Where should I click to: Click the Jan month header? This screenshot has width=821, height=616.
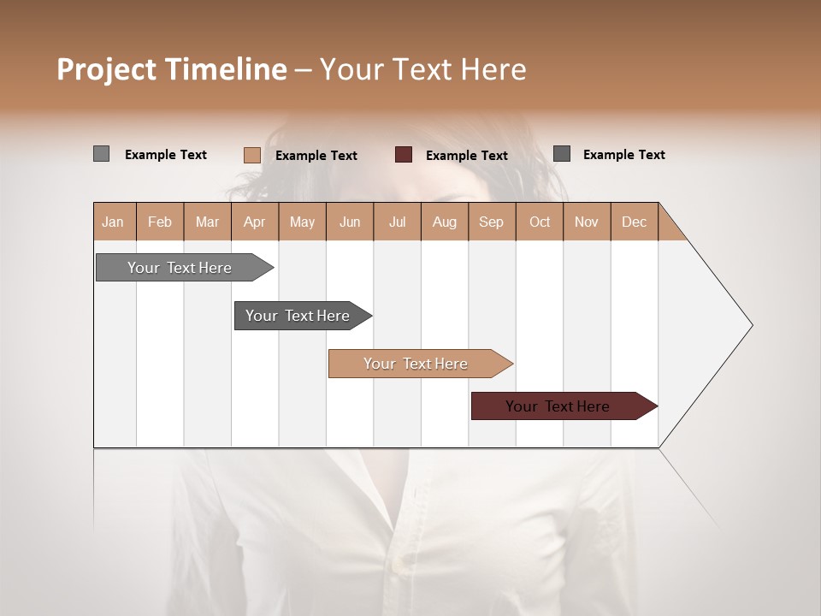click(114, 222)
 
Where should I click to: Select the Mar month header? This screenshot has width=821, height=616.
click(207, 222)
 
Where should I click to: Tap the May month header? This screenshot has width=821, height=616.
click(302, 222)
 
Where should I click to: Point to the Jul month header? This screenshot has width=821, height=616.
click(397, 222)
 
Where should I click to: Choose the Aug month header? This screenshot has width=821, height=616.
click(444, 222)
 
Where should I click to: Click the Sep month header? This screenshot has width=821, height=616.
click(491, 222)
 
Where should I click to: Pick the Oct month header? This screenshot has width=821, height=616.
click(539, 222)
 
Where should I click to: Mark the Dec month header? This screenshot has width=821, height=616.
click(634, 222)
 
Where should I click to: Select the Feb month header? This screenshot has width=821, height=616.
click(160, 222)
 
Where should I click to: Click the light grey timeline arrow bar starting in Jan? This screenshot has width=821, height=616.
click(180, 268)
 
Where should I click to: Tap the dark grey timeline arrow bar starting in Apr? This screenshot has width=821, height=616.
click(298, 316)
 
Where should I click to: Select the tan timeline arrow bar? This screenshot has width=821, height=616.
click(416, 364)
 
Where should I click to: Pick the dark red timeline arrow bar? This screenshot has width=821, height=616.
click(558, 406)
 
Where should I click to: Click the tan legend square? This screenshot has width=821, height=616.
click(252, 155)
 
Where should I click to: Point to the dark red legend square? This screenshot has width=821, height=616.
click(404, 155)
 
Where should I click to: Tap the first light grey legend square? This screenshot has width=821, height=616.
click(102, 154)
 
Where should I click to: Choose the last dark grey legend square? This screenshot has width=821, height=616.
click(562, 154)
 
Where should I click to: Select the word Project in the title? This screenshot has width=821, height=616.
click(107, 69)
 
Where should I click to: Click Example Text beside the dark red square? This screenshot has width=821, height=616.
click(467, 156)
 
